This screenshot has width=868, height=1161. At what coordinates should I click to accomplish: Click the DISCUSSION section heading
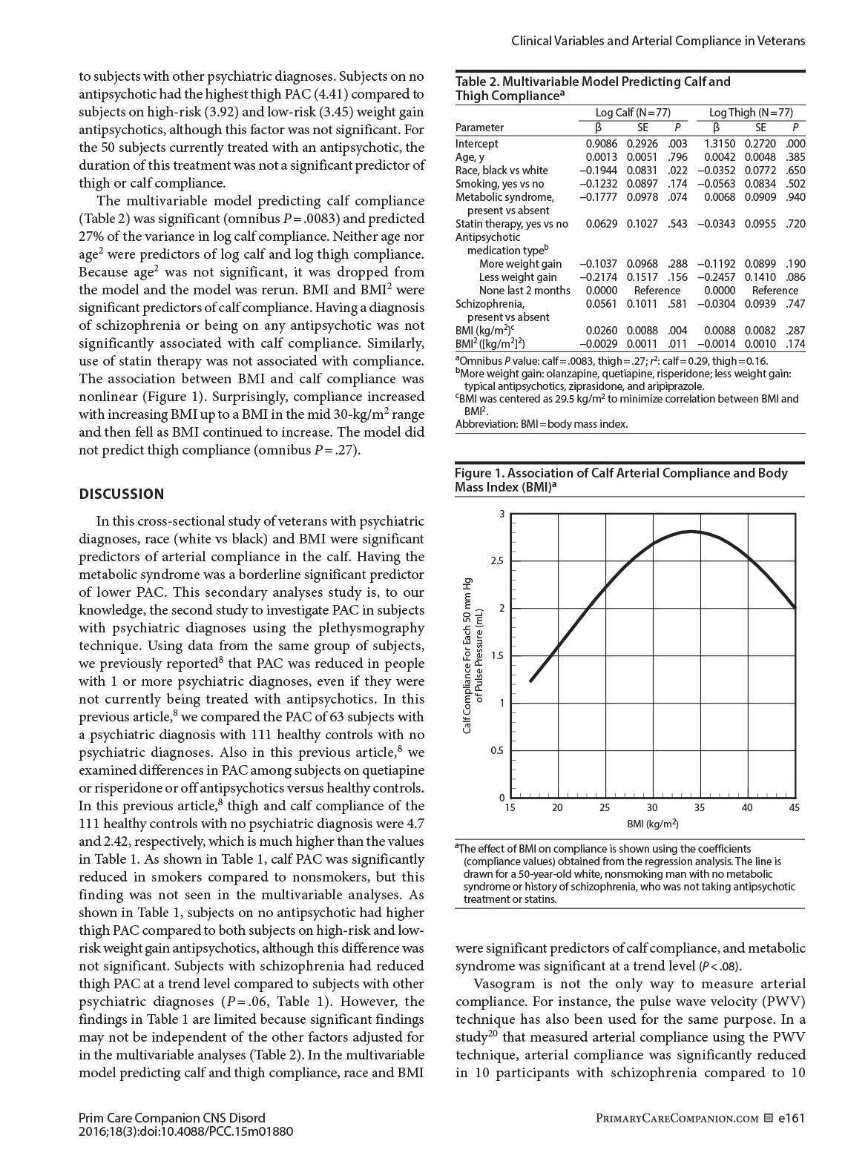(122, 494)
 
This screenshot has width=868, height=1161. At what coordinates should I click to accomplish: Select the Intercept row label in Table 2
(477, 144)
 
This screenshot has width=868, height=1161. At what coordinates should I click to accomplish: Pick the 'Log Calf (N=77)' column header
(633, 113)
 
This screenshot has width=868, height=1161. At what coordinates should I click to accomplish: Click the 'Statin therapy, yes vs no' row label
(512, 224)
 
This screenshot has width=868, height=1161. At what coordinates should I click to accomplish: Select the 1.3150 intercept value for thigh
(719, 144)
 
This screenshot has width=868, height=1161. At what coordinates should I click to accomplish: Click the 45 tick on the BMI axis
(795, 808)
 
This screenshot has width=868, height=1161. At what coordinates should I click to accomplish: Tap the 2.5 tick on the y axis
(497, 561)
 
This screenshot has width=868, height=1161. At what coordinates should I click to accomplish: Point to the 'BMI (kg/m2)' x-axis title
(653, 824)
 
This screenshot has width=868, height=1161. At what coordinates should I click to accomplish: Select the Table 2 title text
(593, 88)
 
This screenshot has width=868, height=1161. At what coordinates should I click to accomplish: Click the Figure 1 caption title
(621, 480)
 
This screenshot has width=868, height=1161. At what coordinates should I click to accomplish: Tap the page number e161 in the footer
(792, 1119)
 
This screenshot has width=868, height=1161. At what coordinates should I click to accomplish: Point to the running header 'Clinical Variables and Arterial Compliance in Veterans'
(658, 41)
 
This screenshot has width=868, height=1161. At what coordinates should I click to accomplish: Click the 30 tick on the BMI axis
(652, 808)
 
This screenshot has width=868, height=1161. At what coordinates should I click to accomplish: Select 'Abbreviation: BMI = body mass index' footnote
(542, 424)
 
